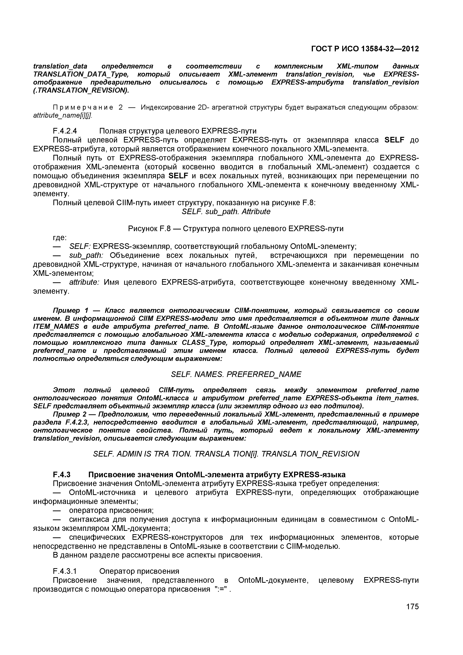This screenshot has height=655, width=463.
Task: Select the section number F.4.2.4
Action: [65, 131]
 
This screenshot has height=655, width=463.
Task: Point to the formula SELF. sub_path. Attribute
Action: [226, 211]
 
